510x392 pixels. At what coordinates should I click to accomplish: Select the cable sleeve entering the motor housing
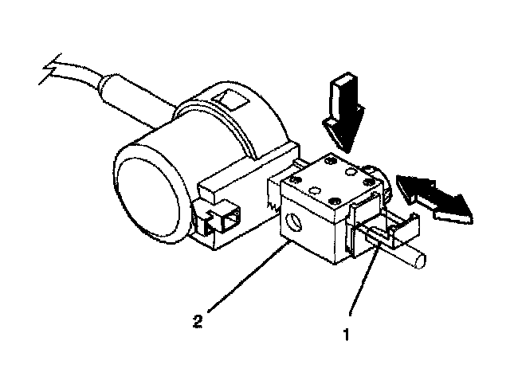pos(128,96)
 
